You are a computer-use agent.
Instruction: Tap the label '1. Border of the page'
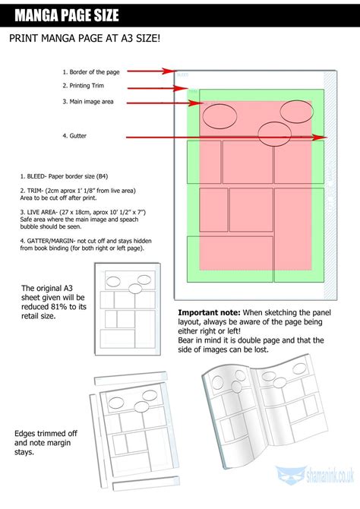(91, 71)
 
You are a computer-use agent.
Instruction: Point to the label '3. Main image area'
(89, 101)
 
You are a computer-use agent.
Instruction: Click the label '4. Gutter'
(74, 136)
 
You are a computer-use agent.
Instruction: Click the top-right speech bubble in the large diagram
(296, 111)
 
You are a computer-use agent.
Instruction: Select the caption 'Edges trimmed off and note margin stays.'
(45, 442)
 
